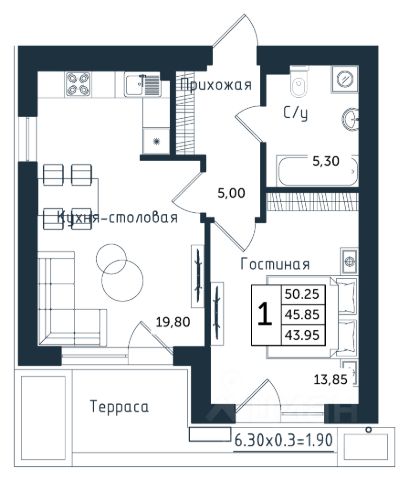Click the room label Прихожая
coord(216,85)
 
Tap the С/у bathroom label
coord(296,113)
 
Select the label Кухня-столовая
coord(117,217)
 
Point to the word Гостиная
coord(275,264)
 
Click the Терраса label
coord(119,407)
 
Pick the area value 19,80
coord(173,322)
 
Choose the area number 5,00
coord(231,193)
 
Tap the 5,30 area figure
coord(326,161)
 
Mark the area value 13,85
coord(331,379)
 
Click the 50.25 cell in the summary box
coord(302,294)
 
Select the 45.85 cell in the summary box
coord(302,314)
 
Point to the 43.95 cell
coord(302,334)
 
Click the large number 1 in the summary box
coord(265,314)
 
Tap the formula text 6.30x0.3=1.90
coord(284,440)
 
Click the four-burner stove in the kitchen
coord(78,84)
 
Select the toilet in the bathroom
coord(299,82)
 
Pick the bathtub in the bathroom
coord(317,171)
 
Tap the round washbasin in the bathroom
coord(350,119)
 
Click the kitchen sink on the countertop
coord(143,85)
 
